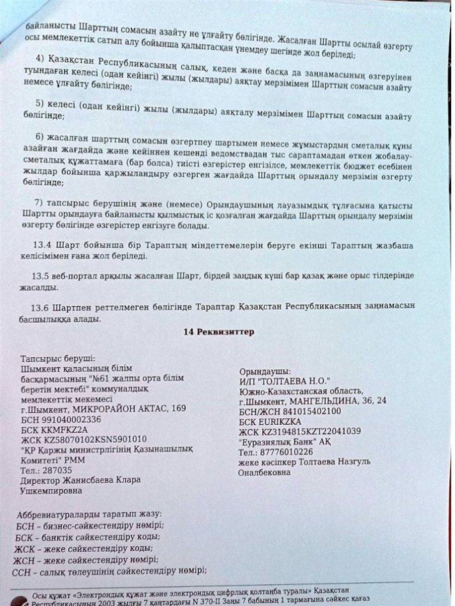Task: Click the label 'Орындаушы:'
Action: (x=265, y=371)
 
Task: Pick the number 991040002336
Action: (x=79, y=419)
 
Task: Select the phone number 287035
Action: (x=58, y=470)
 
